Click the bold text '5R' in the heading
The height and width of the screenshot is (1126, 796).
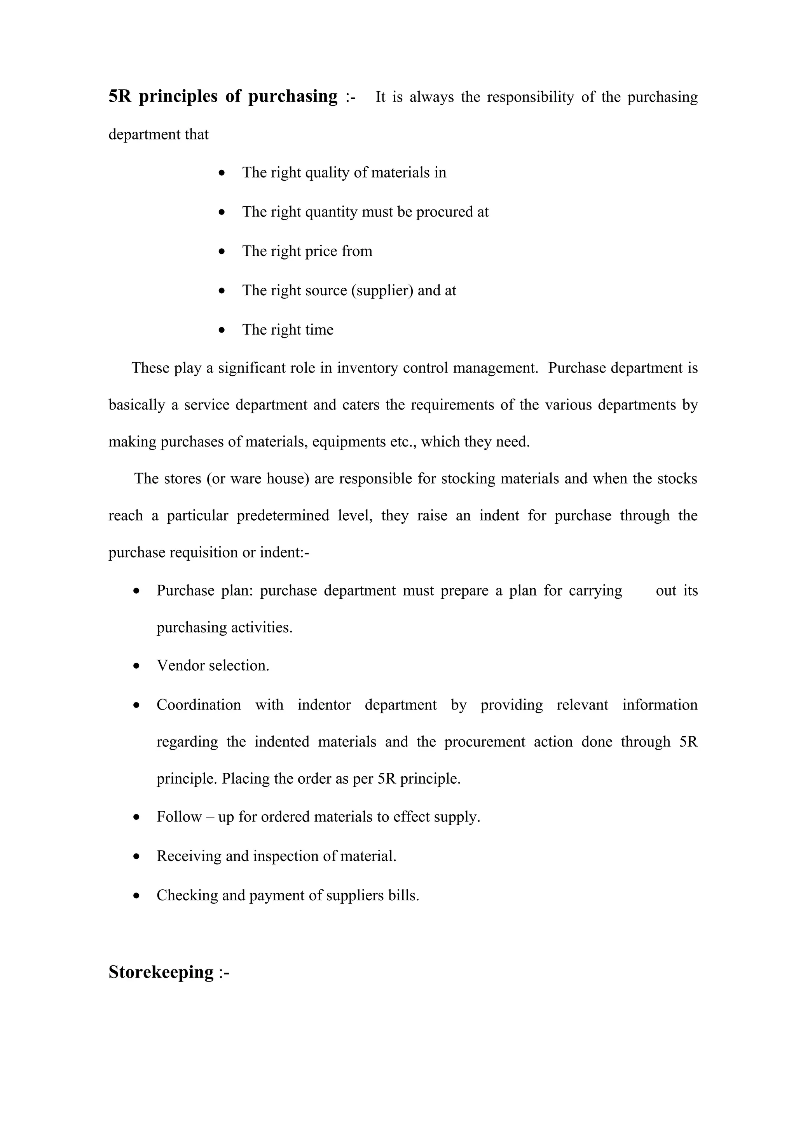click(120, 96)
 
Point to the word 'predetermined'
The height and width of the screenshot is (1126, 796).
click(283, 516)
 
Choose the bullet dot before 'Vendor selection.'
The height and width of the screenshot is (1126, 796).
click(137, 666)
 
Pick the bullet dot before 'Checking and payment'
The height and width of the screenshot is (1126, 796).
click(137, 896)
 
